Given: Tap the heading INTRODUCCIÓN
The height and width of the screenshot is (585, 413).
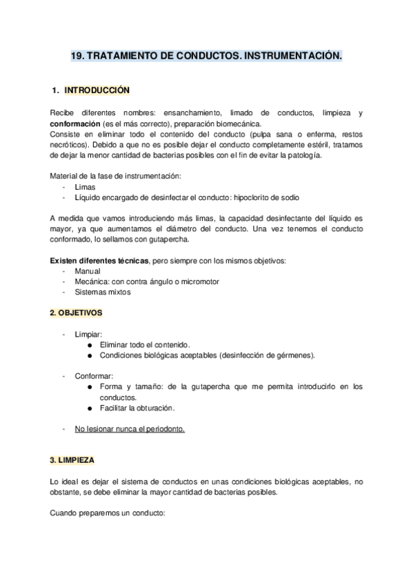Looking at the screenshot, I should point(97,90).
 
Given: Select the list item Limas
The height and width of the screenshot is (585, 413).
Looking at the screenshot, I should point(85,187).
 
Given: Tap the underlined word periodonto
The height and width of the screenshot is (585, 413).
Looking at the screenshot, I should point(163,429).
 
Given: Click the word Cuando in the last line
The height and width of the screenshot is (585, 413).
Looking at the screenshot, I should point(65,513).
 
